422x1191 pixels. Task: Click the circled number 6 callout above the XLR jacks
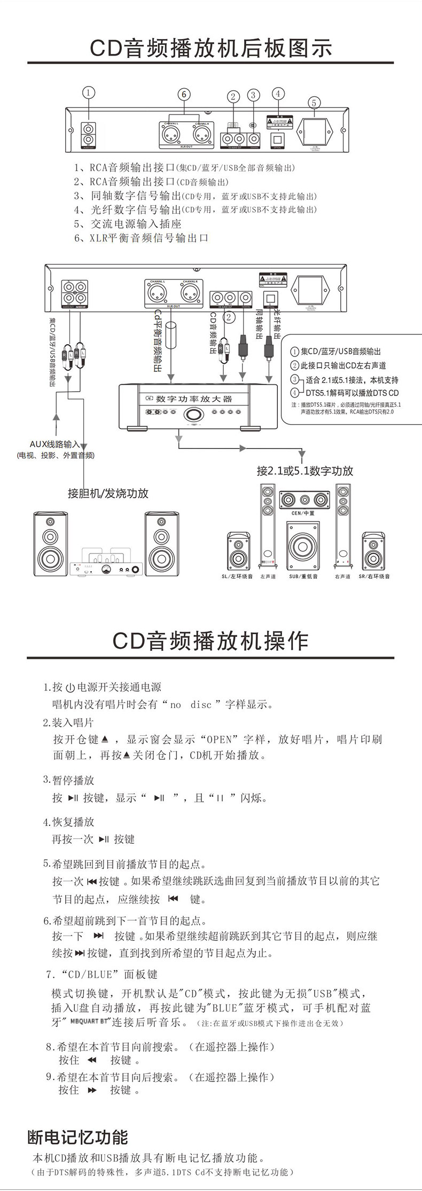(184, 95)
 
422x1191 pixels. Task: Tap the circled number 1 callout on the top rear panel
(89, 92)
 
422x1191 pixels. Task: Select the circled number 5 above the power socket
(314, 103)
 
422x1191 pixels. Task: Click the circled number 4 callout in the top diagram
(278, 93)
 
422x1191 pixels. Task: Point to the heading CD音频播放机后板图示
(211, 48)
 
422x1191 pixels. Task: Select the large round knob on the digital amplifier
(193, 414)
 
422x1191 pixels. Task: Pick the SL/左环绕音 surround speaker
(238, 551)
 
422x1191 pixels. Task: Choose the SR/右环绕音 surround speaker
(373, 551)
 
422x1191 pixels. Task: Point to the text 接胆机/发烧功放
(108, 493)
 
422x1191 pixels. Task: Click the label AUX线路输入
(54, 444)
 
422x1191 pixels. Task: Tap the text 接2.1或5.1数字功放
(305, 471)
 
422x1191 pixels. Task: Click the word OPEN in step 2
(219, 739)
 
